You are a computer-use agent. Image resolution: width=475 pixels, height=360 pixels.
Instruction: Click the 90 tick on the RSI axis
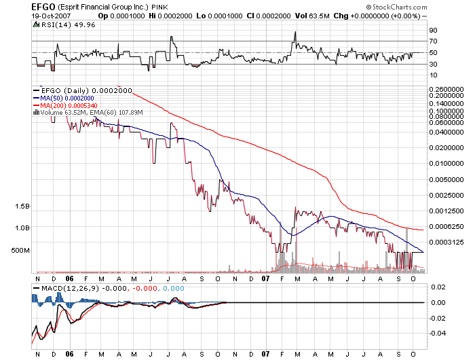click(433, 30)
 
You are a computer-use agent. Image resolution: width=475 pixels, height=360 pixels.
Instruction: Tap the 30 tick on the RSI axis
click(433, 65)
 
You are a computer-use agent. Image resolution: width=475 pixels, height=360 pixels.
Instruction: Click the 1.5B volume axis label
click(22, 206)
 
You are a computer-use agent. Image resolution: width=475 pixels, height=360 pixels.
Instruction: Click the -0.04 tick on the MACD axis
click(438, 333)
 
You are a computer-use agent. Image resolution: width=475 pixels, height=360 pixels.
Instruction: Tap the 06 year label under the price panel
click(70, 278)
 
